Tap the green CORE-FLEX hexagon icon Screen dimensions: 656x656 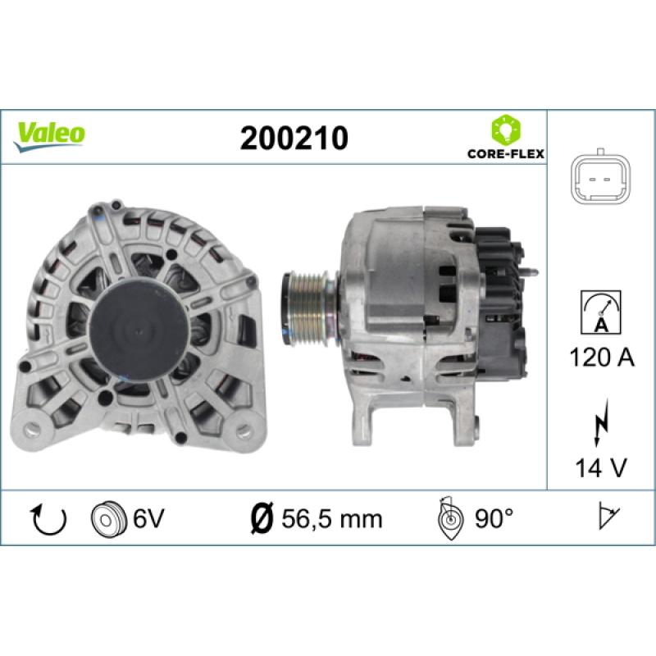tap(502, 130)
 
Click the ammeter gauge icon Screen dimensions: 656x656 tap(599, 311)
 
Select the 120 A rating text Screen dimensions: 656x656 tap(600, 357)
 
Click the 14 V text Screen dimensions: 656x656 tap(600, 467)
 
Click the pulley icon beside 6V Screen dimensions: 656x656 tap(107, 518)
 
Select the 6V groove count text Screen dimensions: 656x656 tap(148, 518)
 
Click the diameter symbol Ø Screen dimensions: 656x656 tap(260, 518)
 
